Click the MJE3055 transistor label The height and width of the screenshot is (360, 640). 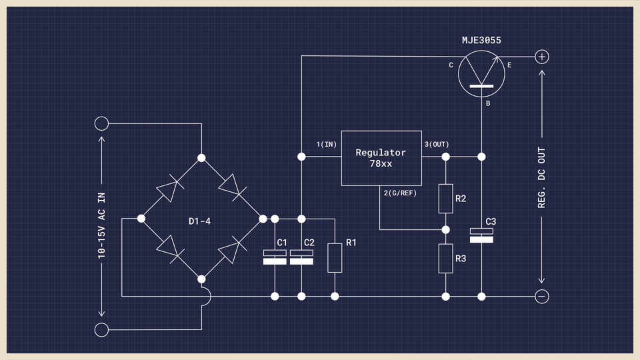point(481,41)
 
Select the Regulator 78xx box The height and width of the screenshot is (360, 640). point(381,157)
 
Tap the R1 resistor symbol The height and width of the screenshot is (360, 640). point(335,257)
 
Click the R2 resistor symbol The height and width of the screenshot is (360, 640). point(445,198)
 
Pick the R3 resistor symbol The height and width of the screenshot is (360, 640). point(445,258)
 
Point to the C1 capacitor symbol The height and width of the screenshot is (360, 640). point(275,257)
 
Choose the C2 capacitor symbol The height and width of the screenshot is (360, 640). point(301,257)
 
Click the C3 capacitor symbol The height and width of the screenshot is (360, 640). point(481,235)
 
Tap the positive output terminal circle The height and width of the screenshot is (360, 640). point(542,57)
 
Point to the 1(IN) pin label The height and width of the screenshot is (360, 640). point(327,145)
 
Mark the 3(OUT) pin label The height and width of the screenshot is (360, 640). point(437,145)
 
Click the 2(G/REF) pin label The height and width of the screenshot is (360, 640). point(400,193)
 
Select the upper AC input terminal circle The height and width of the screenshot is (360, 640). point(101,123)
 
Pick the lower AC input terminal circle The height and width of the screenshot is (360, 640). point(101,329)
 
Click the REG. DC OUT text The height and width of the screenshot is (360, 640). point(542,177)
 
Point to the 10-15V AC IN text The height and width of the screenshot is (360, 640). point(101,224)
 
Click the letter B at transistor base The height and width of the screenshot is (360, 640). point(488,105)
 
